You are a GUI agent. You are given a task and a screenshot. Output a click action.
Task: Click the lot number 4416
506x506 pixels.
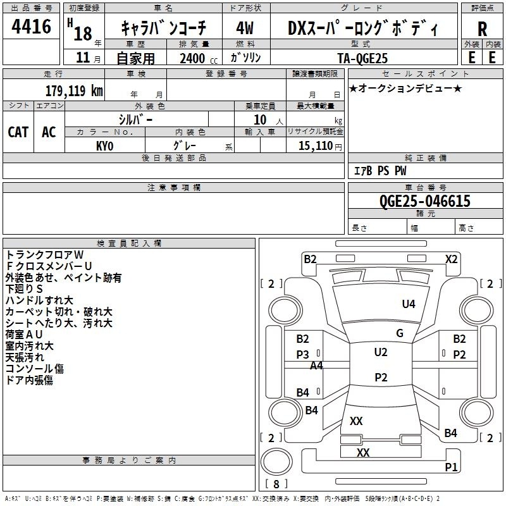coord(31,27)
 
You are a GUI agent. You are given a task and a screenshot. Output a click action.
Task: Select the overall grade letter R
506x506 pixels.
coord(482,29)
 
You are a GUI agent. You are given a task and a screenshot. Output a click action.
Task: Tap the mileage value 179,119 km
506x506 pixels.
coord(74,91)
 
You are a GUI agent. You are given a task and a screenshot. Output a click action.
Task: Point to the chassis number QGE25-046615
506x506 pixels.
coord(424,201)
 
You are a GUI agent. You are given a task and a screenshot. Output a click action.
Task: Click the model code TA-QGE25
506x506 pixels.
coord(362,58)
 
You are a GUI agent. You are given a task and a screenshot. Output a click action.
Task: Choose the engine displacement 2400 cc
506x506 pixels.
coord(199,59)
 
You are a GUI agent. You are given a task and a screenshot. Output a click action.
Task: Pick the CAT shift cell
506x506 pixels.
coord(18,132)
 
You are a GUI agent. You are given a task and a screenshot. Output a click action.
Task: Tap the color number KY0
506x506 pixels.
coord(105,146)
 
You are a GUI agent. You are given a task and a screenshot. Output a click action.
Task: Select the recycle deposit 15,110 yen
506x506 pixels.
coord(320,146)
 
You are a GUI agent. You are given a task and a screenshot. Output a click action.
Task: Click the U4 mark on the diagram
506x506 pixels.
coord(409,304)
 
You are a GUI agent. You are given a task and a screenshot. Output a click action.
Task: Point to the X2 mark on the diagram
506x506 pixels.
coord(451,259)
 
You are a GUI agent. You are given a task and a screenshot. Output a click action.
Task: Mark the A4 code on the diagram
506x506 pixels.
coord(316,366)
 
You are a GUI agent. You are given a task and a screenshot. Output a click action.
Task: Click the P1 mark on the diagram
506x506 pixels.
coord(451,467)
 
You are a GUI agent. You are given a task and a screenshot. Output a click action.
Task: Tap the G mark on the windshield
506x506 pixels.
coord(400,333)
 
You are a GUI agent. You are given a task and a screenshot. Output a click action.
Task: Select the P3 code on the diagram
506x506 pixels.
coord(303,354)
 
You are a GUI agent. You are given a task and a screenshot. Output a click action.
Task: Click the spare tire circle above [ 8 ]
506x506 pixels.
coord(276,462)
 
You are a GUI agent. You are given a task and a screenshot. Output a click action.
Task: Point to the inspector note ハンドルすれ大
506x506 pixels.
coord(39,300)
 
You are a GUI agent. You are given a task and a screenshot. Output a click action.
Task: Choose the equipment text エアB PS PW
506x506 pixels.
coord(380,171)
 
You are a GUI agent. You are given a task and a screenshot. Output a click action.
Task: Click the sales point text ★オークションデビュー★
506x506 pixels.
coord(405,88)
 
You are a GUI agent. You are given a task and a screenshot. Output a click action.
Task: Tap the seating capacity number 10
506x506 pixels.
coord(260,120)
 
